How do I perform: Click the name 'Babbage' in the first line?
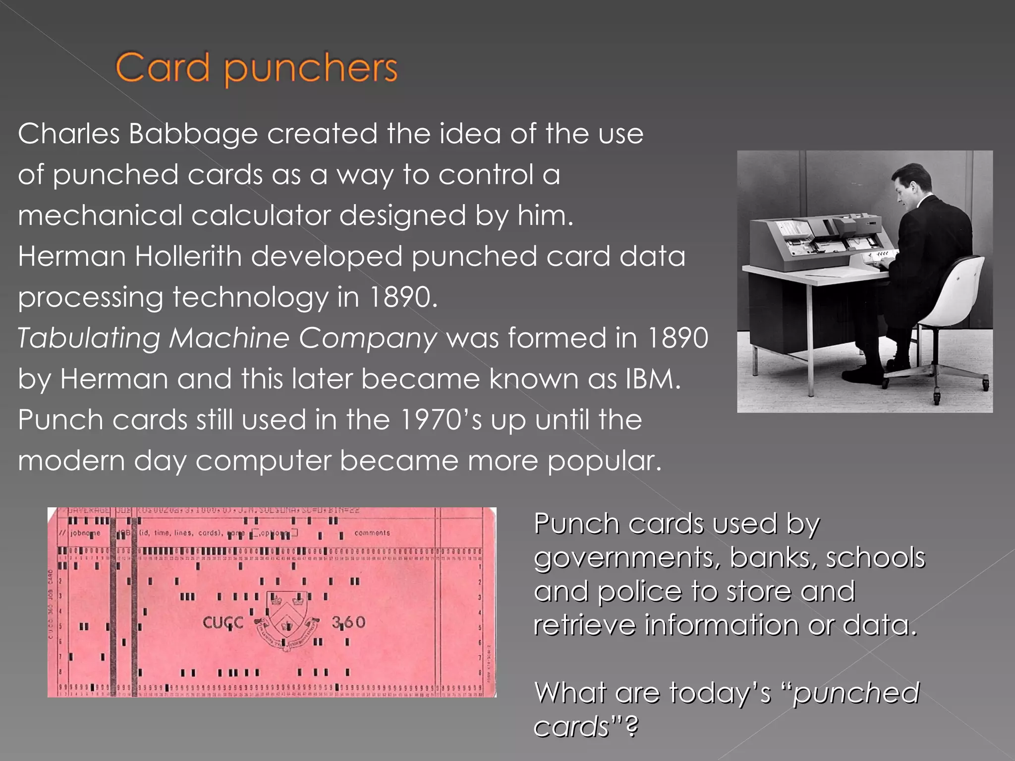pos(193,134)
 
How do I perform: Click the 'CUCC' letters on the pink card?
pos(223,622)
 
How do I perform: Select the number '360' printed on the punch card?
pos(348,622)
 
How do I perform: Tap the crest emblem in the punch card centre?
pos(286,619)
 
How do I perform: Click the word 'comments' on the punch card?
pos(372,533)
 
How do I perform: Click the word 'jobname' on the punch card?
pos(85,533)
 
